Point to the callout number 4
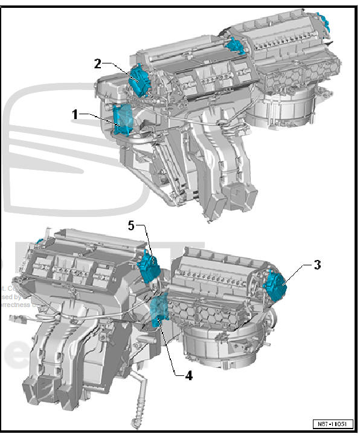point(188,375)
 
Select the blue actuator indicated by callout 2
point(139,79)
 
